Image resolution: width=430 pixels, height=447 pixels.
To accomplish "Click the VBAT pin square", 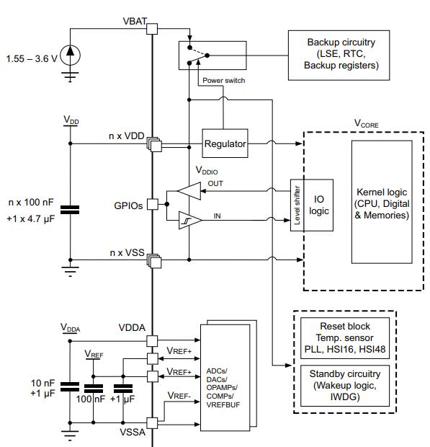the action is [152, 29].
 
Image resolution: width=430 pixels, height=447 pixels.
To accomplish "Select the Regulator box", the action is [225, 143].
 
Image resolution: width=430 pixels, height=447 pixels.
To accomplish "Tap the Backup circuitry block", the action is [339, 56].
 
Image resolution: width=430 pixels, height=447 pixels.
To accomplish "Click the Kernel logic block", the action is [382, 202].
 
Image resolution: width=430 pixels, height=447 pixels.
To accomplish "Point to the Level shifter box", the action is [297, 205].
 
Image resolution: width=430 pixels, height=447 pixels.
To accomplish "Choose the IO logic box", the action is [318, 205].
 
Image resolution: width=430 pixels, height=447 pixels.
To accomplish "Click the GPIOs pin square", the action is [153, 205].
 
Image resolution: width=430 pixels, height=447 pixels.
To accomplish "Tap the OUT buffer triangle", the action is [189, 191].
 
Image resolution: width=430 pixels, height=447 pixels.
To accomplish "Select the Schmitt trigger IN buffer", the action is [190, 220].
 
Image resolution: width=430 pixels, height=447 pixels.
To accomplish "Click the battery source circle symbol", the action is [70, 56].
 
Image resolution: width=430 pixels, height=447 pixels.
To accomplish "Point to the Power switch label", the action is [223, 81].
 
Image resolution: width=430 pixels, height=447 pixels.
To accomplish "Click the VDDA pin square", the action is [152, 341].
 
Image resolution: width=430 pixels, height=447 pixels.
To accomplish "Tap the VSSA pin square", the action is [152, 423].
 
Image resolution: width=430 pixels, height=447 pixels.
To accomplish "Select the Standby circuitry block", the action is [345, 386].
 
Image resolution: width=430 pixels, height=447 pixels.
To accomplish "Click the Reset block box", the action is [345, 338].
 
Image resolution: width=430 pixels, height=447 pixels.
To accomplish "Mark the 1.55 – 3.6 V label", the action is [32, 58].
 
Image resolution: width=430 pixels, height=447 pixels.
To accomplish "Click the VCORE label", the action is [366, 123].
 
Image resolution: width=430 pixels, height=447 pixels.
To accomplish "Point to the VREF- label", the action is [179, 396].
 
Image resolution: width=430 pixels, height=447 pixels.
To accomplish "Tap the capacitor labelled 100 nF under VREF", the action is [94, 389].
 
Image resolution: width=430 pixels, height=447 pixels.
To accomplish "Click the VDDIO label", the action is [207, 170].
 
